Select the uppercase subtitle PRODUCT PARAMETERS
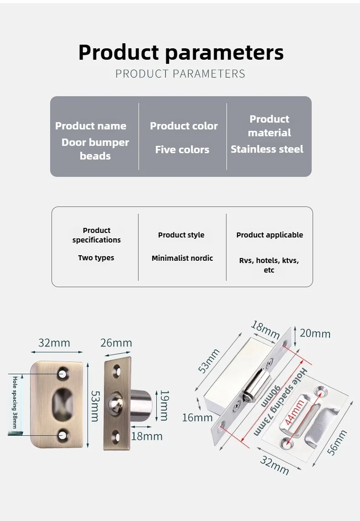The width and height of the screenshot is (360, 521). (180, 74)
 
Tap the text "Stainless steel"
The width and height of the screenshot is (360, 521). (267, 149)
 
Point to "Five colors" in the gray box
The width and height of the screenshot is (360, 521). (182, 150)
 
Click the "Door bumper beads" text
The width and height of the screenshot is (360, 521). (95, 149)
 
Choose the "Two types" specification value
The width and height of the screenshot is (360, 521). (96, 258)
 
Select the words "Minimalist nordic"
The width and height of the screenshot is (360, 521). (182, 258)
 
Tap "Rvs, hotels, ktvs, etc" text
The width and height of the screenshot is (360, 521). (269, 265)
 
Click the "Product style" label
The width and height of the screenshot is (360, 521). (181, 235)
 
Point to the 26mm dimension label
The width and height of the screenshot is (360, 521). (116, 343)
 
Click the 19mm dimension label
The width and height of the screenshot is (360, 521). (165, 405)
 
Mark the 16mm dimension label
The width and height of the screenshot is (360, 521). (197, 417)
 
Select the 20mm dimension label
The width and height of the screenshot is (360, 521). (315, 334)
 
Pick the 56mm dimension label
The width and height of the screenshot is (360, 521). (338, 442)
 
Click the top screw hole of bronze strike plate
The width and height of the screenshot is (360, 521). (62, 374)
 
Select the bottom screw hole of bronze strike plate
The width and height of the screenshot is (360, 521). (62, 435)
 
